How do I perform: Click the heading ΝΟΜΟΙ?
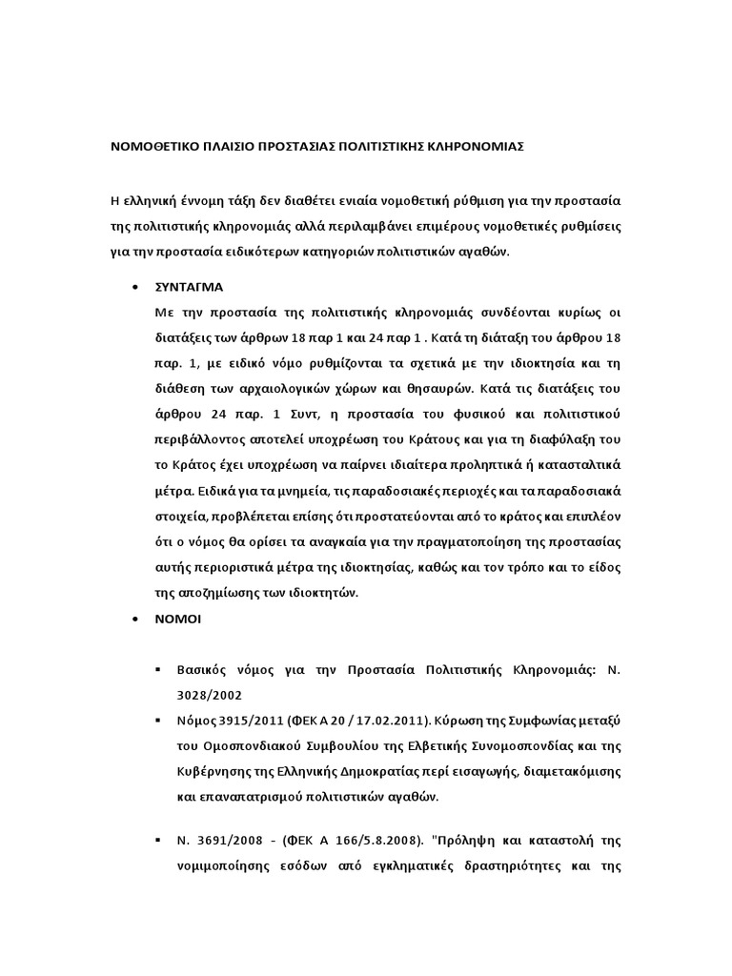tap(176, 619)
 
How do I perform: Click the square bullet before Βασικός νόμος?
tap(156, 671)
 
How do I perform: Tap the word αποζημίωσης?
tap(206, 591)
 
